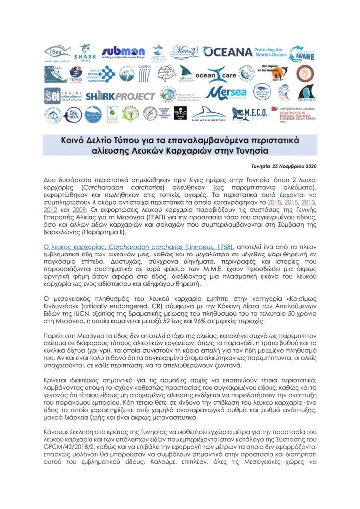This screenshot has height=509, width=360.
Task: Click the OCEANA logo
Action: coord(228,52)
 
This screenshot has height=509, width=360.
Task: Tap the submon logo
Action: coord(123,52)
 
